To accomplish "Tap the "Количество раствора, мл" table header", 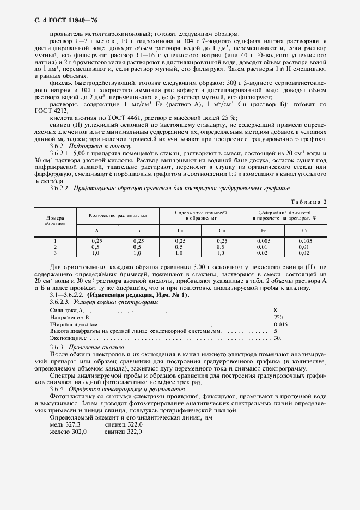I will (118, 216).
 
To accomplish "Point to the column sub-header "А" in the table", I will (97, 231).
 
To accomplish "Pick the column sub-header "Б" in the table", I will (138, 231).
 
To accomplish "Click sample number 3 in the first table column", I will (55, 253).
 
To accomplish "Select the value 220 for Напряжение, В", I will (279, 317).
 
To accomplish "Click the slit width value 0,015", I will (282, 324).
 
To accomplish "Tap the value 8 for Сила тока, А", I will (276, 309).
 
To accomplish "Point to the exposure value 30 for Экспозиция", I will (277, 338).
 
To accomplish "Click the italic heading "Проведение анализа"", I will (96, 347).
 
